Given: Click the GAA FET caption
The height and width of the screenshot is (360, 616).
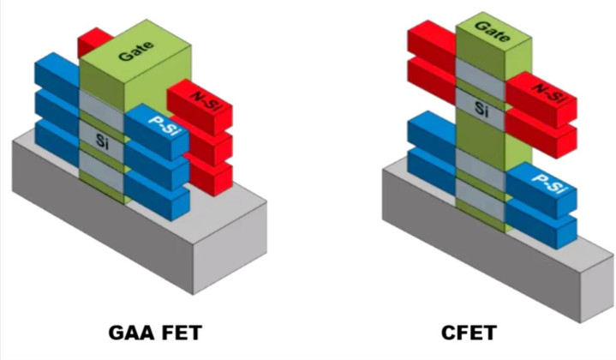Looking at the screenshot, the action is pyautogui.click(x=155, y=333).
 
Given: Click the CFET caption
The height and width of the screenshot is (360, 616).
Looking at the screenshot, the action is pyautogui.click(x=469, y=333).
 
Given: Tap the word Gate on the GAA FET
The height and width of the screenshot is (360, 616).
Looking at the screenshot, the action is pyautogui.click(x=136, y=51).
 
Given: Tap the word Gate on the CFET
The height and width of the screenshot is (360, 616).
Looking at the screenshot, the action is pyautogui.click(x=493, y=32).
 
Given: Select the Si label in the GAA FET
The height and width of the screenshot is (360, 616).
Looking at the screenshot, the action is pyautogui.click(x=102, y=141).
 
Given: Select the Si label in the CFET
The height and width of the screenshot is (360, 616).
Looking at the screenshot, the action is pyautogui.click(x=481, y=108).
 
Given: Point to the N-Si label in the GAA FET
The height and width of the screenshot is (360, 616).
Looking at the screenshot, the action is pyautogui.click(x=206, y=100).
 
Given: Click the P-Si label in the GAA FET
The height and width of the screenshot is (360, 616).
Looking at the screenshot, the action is pyautogui.click(x=164, y=124).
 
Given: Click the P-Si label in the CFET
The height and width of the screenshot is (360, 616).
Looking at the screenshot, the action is pyautogui.click(x=550, y=183).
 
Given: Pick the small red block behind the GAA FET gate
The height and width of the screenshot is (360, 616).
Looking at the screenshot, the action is pyautogui.click(x=94, y=41).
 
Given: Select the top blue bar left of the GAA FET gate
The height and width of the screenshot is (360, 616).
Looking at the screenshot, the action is pyautogui.click(x=57, y=75).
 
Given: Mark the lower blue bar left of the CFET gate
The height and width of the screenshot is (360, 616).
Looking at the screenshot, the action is pyautogui.click(x=432, y=170).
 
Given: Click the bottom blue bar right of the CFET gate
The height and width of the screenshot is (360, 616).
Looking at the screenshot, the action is pyautogui.click(x=541, y=225).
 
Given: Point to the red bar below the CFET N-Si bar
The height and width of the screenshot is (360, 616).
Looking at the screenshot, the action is pyautogui.click(x=541, y=133).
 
